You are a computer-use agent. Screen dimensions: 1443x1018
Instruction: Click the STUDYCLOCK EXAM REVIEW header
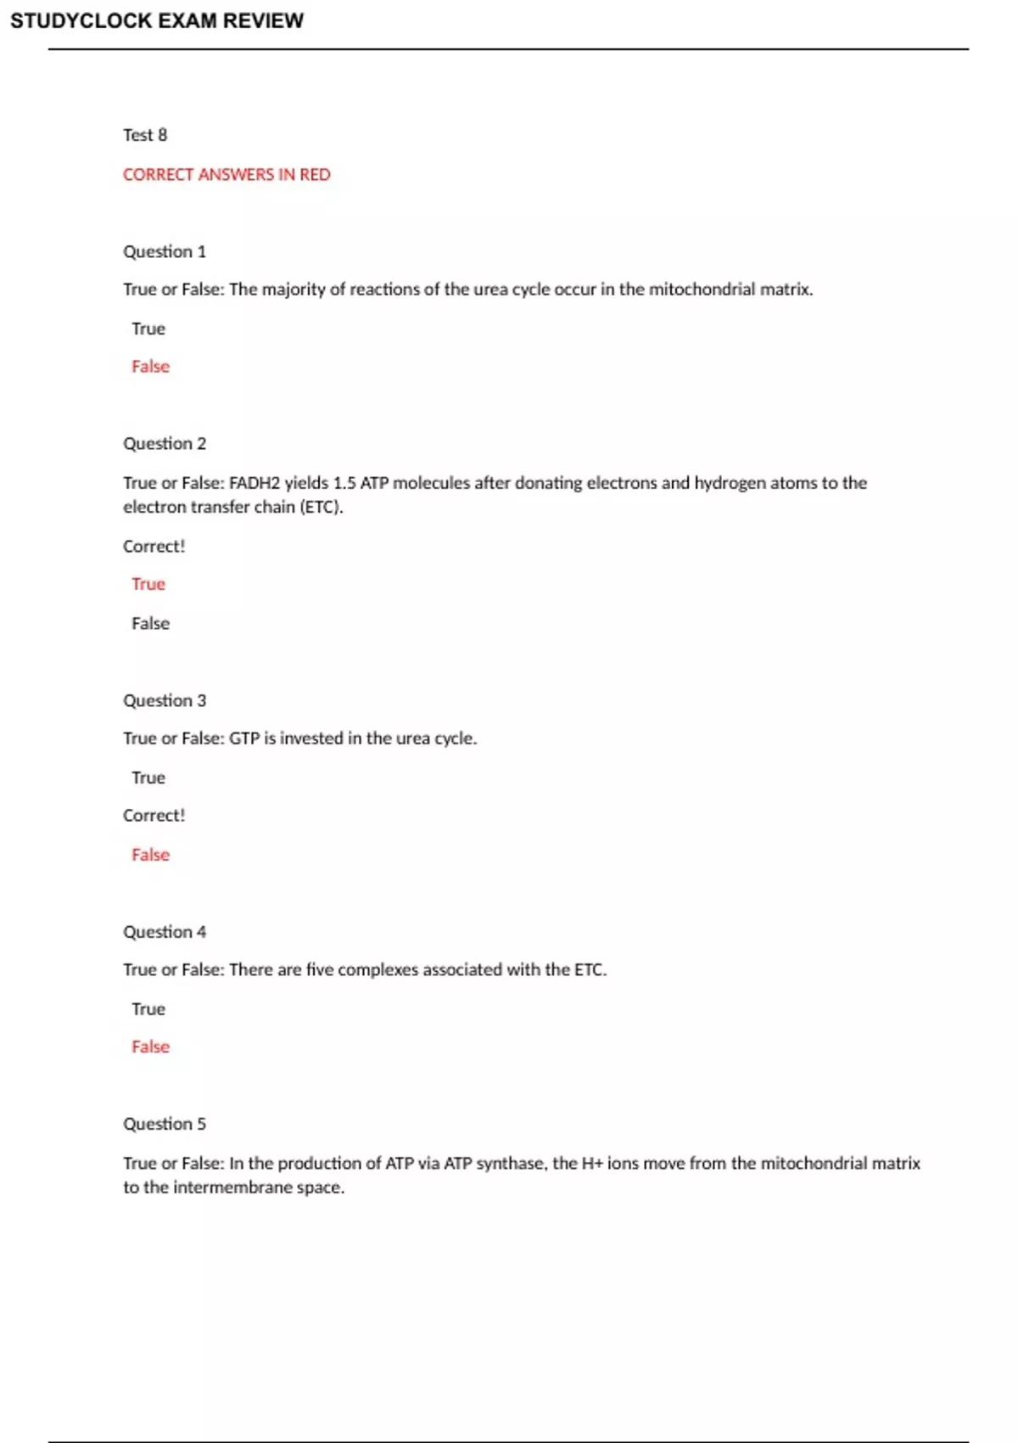[157, 21]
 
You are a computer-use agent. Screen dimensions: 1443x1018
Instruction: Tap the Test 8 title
[145, 135]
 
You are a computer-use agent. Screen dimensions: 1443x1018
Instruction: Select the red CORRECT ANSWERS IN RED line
[227, 175]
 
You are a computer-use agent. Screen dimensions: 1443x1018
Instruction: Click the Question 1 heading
[165, 251]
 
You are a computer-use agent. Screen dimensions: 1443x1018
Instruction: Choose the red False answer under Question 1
[150, 367]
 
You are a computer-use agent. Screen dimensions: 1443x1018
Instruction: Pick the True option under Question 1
[148, 328]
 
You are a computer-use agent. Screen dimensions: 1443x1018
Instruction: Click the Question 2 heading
[165, 443]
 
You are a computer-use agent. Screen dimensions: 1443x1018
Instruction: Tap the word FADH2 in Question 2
[254, 483]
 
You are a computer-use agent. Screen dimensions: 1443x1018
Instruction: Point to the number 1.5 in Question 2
[344, 483]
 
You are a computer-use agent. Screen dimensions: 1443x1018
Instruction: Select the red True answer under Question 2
[148, 584]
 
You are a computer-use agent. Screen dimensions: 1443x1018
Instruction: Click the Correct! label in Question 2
[154, 547]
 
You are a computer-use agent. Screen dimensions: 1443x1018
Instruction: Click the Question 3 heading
[165, 700]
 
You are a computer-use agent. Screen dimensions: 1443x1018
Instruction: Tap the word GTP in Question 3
[243, 738]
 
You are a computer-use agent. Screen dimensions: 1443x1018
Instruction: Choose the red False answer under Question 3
[150, 855]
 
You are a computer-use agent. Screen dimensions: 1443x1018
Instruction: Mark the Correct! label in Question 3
[154, 816]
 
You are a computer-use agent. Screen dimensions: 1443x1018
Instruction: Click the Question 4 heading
[165, 932]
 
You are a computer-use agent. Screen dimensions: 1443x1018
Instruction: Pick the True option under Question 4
[148, 1009]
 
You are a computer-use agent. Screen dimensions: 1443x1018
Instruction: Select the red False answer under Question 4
[150, 1047]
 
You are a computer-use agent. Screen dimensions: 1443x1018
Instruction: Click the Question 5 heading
[165, 1124]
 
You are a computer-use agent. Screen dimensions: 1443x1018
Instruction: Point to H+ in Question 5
[591, 1163]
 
